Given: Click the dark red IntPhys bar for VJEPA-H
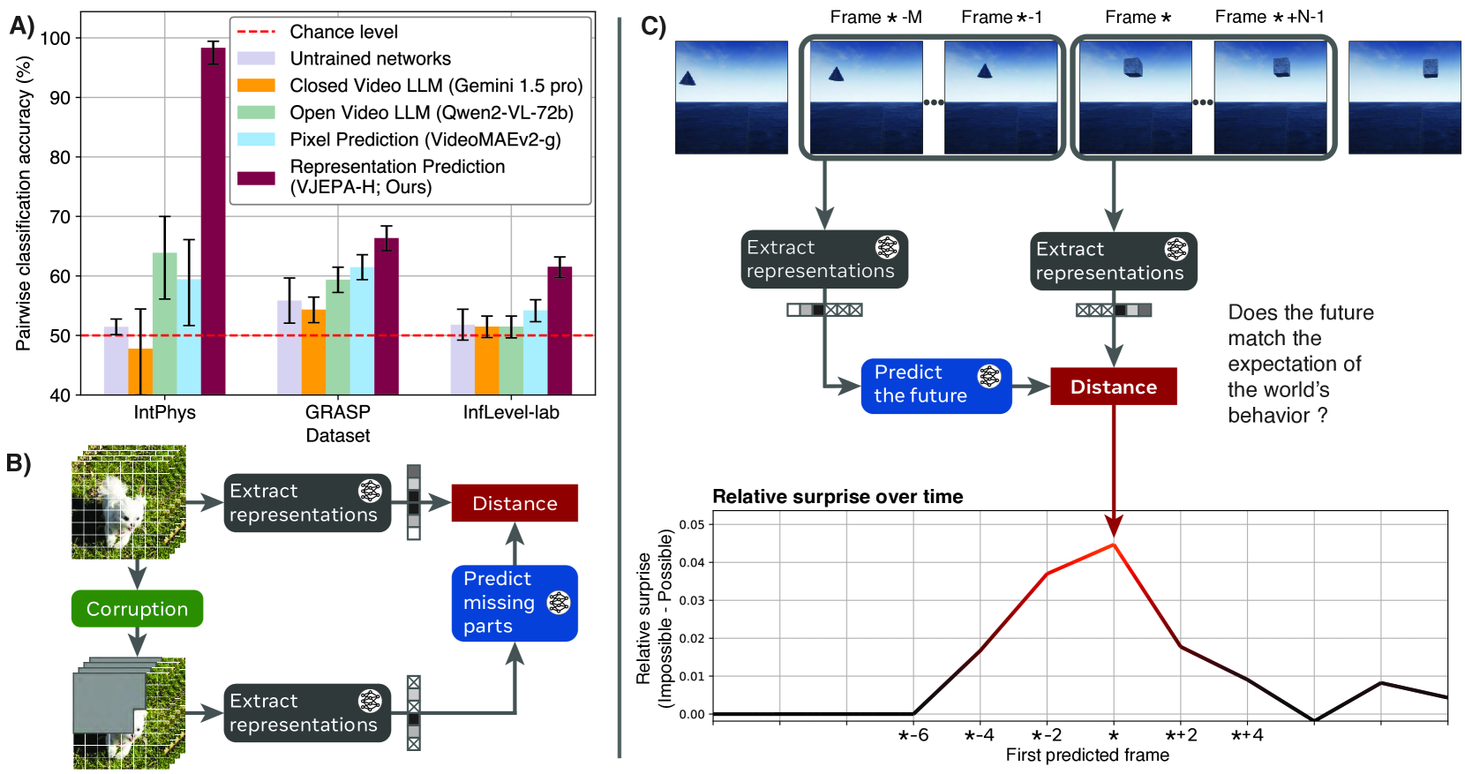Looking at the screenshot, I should coord(213,221).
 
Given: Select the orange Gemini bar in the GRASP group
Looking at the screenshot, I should coord(313,352).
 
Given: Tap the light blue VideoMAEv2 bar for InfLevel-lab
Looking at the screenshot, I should coord(535,352).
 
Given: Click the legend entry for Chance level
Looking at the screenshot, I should coord(343,32).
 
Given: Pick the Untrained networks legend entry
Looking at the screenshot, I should coord(370,59).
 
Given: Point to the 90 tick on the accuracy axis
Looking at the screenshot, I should coord(60,98).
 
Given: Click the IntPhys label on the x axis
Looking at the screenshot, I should coord(165,412).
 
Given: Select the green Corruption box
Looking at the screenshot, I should coord(137,609).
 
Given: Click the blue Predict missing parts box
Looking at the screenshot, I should coord(515,603).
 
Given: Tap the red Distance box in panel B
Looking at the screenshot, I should coord(515,503).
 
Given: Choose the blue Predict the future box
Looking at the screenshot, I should coord(935,385).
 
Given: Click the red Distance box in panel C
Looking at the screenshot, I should coord(1113,387).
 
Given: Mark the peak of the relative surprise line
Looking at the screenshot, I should coord(1114,545).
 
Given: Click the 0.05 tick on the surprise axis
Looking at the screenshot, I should coord(692,524).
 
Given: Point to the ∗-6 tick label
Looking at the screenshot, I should coord(913,735).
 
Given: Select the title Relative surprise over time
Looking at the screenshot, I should coord(838,497).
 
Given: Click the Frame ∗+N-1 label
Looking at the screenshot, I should coord(1269,17).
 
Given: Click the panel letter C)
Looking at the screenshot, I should coord(653,26).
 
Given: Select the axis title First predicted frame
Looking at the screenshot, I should coord(1087,755).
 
